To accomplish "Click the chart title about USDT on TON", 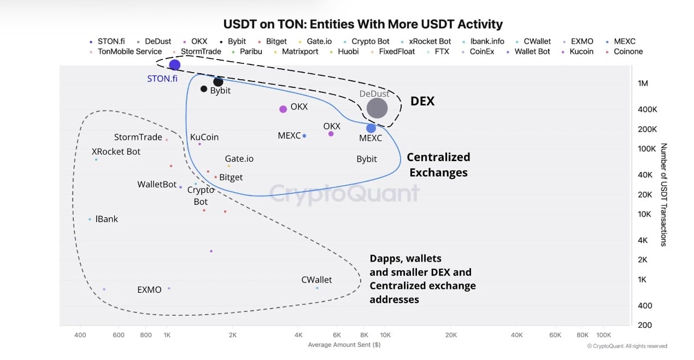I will coord(363,25).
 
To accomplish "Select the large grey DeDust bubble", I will coord(377,108).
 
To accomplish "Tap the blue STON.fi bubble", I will coord(174,65).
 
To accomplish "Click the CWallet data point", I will coord(317,288).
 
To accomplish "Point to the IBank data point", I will coord(90,220).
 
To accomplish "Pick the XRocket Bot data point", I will coord(96,160).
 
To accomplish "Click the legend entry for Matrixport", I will coord(299,52).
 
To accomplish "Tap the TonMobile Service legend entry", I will coord(130,52).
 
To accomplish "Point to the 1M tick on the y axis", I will coord(643,84).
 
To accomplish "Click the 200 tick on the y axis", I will coord(645,325).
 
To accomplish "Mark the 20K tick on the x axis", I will coord(451,335).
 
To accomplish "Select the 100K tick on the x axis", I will coord(603,335).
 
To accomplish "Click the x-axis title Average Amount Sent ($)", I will coord(344,345).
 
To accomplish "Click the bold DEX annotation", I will coord(422,101).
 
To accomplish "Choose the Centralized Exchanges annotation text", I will coord(438,165).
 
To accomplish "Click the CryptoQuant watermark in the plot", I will coord(344,193).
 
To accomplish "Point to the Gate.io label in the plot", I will coord(239,159).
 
